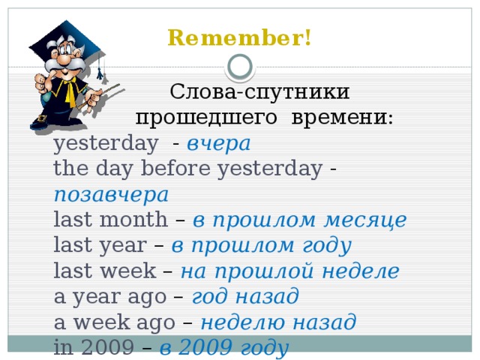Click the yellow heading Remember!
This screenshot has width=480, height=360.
tap(240, 38)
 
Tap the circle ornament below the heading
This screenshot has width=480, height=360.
tap(240, 67)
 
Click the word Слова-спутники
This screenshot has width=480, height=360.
tap(259, 92)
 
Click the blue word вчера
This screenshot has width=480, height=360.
tap(218, 143)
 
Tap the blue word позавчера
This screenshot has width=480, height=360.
tap(111, 194)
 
